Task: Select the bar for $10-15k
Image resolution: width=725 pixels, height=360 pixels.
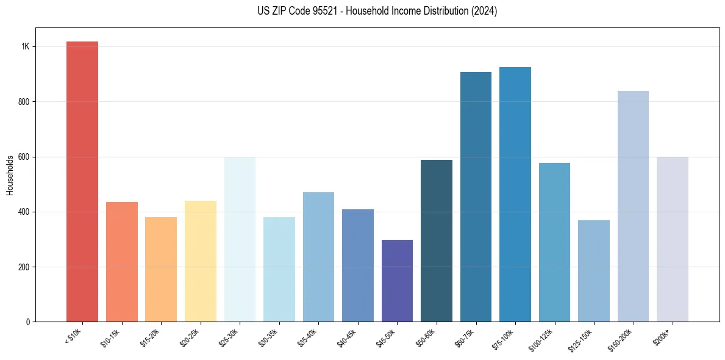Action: (122, 262)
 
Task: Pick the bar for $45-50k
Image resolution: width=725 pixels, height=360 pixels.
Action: (397, 281)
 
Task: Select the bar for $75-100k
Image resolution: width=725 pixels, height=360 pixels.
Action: (515, 195)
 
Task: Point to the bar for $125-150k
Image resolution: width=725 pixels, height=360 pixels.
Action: (594, 271)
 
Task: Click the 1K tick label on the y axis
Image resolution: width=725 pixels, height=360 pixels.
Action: (25, 47)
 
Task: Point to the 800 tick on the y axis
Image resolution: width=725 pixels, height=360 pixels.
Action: (24, 102)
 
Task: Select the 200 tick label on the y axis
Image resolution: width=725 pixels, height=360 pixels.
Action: (24, 267)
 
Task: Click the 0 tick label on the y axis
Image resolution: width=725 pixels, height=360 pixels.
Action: (27, 322)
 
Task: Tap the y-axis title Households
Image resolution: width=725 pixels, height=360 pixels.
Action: (10, 175)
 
